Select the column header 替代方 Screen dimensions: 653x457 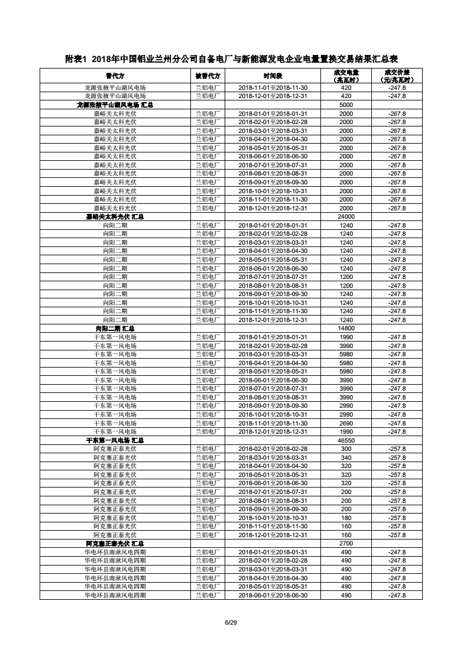click(115, 76)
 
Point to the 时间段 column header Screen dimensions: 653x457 click(273, 76)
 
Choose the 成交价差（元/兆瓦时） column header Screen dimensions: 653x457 click(397, 76)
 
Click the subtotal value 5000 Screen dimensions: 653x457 click(346, 105)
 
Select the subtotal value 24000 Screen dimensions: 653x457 click(346, 216)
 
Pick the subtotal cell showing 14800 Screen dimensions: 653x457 click(346, 329)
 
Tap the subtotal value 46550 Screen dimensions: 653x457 click(346, 440)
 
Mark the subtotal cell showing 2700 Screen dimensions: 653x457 click(346, 544)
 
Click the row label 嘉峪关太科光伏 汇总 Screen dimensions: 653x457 click(115, 216)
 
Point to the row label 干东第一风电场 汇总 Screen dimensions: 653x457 click(115, 440)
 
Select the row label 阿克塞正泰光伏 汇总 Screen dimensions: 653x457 click(115, 544)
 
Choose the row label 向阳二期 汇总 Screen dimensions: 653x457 click(115, 329)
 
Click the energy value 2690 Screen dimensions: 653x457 click(346, 423)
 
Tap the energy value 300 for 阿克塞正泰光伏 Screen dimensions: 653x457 click(346, 449)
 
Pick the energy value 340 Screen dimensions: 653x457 click(346, 457)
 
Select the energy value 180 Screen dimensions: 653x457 click(346, 518)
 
